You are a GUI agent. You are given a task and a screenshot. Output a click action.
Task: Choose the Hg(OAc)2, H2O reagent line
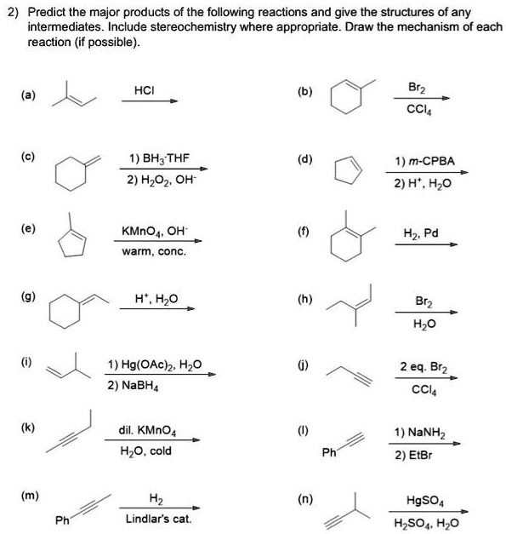click(x=154, y=366)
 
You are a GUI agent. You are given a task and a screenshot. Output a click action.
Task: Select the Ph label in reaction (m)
click(x=62, y=520)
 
